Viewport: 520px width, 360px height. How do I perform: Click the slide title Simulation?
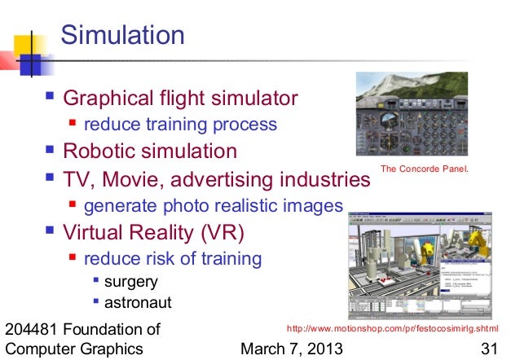click(x=123, y=36)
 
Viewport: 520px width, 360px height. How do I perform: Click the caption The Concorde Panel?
click(x=426, y=169)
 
